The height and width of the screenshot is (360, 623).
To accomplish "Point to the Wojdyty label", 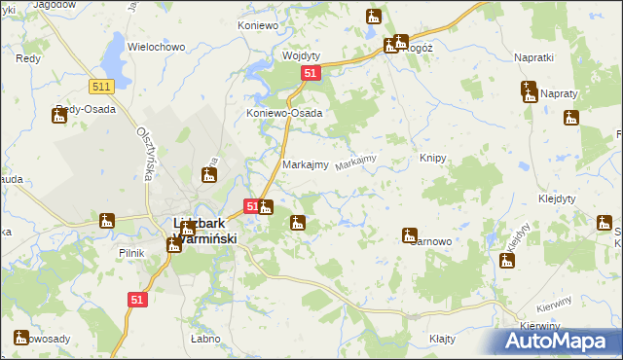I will [302, 55].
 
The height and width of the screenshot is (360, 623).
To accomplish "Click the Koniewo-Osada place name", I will [283, 113].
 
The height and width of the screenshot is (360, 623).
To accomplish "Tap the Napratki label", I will [532, 57].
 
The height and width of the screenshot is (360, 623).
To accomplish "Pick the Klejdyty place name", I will [557, 198].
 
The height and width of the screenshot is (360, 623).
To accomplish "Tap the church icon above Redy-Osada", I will [58, 115].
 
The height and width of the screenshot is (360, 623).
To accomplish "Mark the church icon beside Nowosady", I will [21, 338].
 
